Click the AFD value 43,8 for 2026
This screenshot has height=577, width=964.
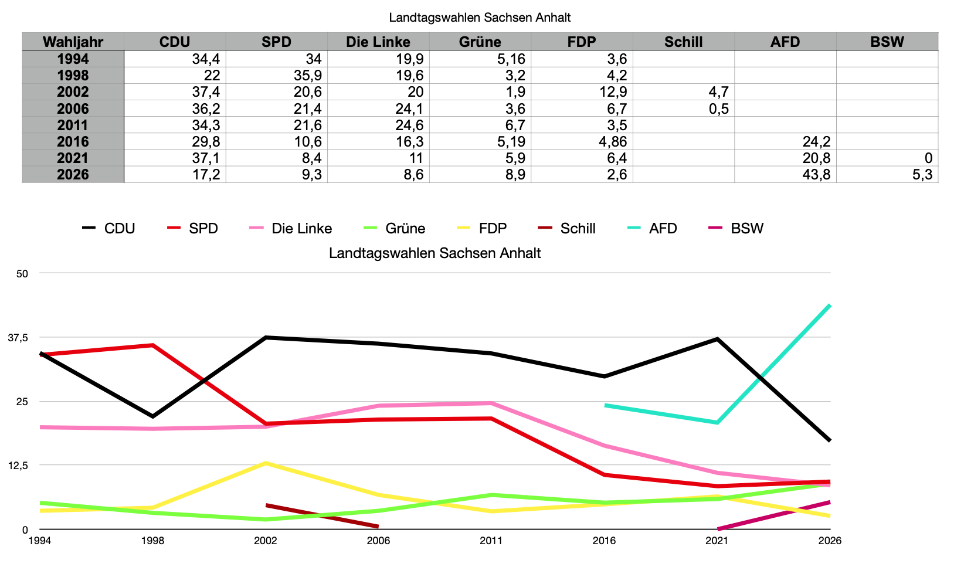[816, 174]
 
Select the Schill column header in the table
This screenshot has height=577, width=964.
[683, 42]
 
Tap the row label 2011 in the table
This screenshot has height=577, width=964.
[73, 125]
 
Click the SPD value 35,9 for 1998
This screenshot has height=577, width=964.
[307, 75]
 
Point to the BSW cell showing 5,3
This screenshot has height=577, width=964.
[922, 174]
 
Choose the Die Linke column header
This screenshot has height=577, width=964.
[378, 42]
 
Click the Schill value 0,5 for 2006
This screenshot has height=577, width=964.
[719, 108]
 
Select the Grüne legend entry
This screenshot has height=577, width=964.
[394, 228]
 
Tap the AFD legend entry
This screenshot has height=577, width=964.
[652, 228]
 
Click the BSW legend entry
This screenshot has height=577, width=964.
[736, 228]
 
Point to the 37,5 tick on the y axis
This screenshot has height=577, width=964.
[18, 338]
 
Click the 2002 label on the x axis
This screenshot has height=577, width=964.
[266, 541]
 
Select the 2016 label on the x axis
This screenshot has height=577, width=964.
[604, 541]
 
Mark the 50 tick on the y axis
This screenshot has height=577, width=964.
[22, 274]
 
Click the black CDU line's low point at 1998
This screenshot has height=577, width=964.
[153, 416]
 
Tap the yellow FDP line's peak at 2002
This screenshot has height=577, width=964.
[266, 463]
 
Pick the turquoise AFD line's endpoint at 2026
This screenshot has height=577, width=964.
[830, 305]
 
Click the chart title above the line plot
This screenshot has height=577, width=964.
[435, 253]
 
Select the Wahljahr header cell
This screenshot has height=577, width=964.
[73, 42]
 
